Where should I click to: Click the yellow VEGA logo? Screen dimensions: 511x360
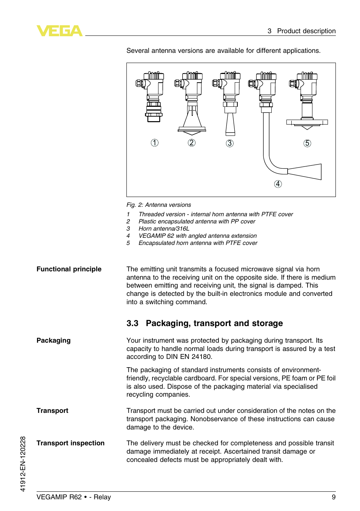(59, 31)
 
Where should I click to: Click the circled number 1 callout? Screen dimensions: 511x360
(155, 143)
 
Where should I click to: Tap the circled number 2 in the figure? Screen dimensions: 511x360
(192, 143)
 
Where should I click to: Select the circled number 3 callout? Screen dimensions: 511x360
(230, 143)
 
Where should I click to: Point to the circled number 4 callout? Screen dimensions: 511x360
(278, 184)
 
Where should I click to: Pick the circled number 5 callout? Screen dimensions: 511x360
(308, 143)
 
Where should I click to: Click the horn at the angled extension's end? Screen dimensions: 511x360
(305, 172)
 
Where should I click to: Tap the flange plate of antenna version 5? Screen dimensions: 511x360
(307, 122)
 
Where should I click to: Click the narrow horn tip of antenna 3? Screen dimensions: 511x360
(230, 125)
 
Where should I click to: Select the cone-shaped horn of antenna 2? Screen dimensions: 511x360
(192, 119)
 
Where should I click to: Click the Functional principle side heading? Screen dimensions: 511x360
(69, 269)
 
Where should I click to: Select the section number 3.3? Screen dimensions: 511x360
(132, 323)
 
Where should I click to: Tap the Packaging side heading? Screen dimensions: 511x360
(54, 340)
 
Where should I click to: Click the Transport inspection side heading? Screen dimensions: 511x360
(71, 443)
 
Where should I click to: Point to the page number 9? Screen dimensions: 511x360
(334, 497)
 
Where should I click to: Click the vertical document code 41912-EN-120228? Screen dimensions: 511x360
(23, 464)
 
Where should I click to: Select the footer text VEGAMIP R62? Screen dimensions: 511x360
(59, 497)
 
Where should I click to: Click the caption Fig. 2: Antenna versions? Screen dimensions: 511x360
(158, 205)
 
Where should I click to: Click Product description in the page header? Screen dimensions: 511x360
(306, 31)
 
